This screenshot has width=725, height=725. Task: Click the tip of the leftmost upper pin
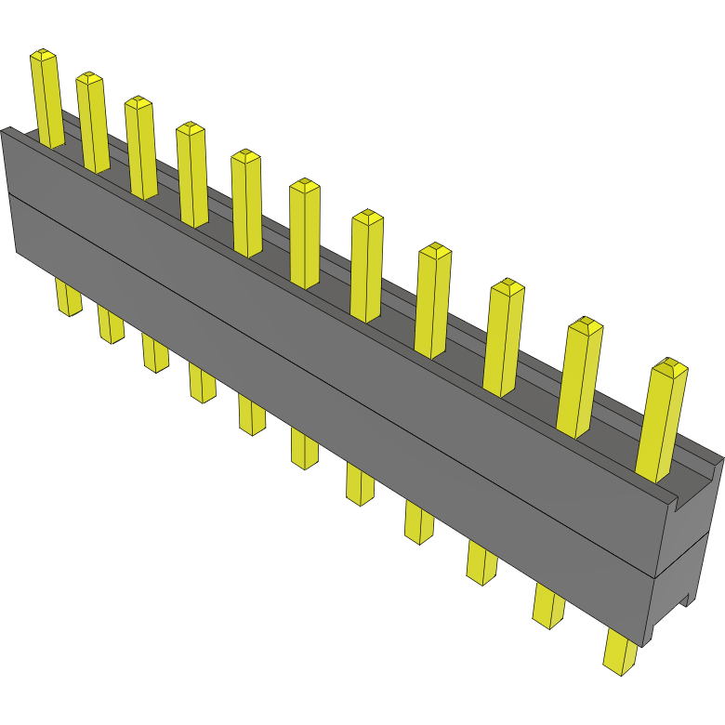click(x=43, y=57)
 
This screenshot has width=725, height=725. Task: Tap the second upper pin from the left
click(x=92, y=121)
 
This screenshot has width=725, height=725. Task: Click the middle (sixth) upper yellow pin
click(x=305, y=232)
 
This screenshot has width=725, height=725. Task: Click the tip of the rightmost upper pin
click(x=670, y=367)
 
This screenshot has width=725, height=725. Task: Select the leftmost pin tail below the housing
click(x=68, y=297)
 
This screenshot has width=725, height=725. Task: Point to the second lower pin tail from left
click(x=110, y=324)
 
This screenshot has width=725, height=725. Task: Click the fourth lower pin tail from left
click(x=202, y=382)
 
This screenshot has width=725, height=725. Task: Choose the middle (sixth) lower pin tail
click(x=304, y=448)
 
